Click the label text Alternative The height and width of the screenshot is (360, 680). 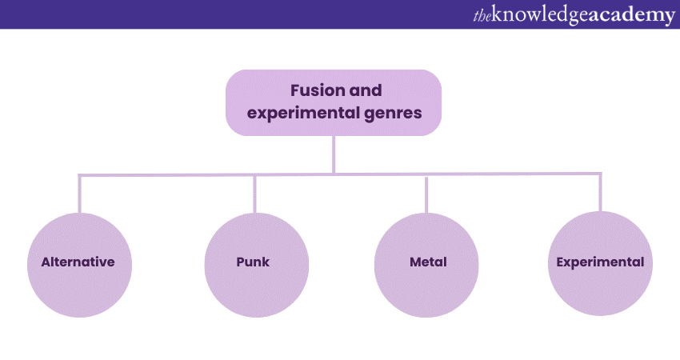(78, 262)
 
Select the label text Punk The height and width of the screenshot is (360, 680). (254, 262)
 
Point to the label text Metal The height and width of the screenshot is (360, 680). (426, 262)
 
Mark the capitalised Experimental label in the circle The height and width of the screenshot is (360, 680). (600, 262)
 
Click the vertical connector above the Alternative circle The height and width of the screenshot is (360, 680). (80, 193)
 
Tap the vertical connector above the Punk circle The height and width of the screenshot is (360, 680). (254, 193)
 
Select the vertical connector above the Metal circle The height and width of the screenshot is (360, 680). (426, 193)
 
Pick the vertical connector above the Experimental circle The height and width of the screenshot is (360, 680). (600, 193)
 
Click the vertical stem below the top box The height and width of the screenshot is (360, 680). (334, 154)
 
